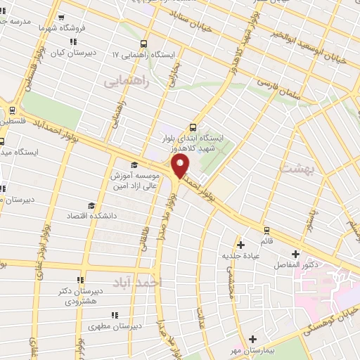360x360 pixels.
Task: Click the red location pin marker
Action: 181,167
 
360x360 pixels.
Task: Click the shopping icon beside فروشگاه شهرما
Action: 61,18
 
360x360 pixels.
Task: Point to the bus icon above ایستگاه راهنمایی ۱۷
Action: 144,42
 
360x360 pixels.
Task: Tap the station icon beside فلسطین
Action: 11,110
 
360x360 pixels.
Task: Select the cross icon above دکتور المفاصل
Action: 295,254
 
